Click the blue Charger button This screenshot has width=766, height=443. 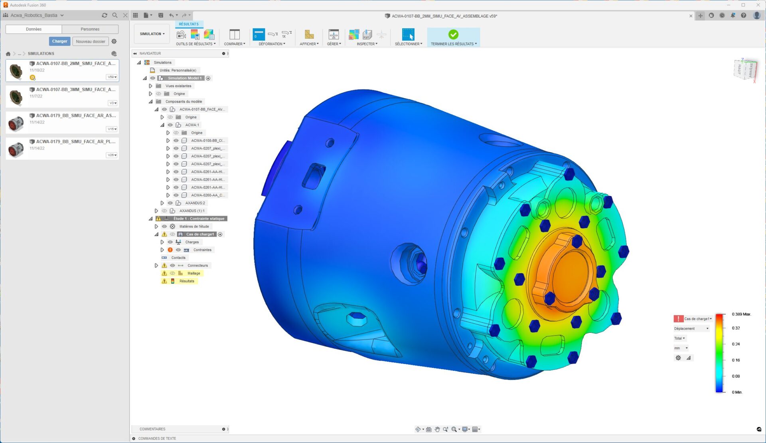click(x=59, y=41)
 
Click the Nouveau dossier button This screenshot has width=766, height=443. click(x=91, y=42)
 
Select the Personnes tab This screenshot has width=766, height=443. click(x=90, y=29)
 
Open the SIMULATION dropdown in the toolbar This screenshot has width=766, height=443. click(x=152, y=34)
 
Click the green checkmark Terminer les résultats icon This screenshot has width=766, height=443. click(x=453, y=34)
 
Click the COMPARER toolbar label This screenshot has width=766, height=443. click(x=234, y=44)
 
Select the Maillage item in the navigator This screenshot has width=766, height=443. click(x=193, y=273)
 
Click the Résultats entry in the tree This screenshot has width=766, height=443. click(x=187, y=281)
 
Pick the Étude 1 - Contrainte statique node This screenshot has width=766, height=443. click(x=199, y=219)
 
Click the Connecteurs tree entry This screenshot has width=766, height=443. click(x=197, y=266)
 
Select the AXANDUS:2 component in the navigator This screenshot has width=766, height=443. click(x=195, y=203)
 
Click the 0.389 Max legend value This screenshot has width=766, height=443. click(x=741, y=314)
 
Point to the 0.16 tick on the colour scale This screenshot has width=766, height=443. click(x=736, y=360)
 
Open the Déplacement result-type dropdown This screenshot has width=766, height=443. click(x=691, y=328)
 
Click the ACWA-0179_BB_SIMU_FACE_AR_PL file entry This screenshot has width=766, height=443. click(x=75, y=142)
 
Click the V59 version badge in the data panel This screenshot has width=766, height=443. click(x=112, y=77)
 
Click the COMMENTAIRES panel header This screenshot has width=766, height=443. click(x=152, y=429)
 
